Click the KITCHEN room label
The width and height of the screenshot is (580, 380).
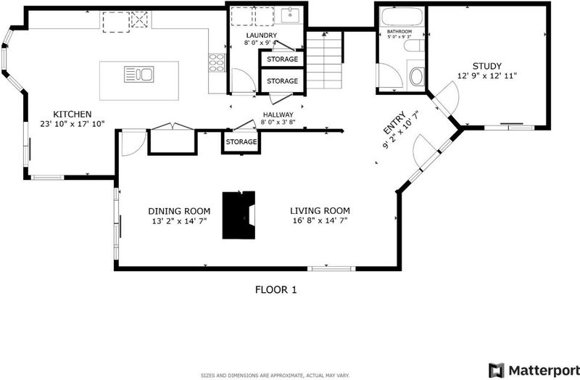tap(72, 114)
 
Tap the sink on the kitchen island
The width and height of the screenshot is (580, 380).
tap(138, 74)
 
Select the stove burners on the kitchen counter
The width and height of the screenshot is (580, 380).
tap(217, 63)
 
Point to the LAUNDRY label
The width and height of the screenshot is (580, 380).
tap(262, 35)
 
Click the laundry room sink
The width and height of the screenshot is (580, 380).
tap(291, 15)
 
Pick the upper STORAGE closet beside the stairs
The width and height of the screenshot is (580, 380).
tap(282, 59)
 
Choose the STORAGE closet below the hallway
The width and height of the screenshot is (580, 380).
tap(241, 141)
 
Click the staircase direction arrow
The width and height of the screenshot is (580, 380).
tap(325, 34)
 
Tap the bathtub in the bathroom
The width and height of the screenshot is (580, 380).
tap(402, 16)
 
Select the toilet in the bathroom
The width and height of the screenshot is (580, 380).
tap(416, 76)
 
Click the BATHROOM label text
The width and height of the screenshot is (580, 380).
tap(399, 32)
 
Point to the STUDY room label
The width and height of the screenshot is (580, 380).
tap(486, 66)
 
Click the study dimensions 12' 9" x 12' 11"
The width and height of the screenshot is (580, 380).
tap(486, 76)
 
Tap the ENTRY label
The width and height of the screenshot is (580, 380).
tap(394, 123)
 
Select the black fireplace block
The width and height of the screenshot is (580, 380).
tap(239, 215)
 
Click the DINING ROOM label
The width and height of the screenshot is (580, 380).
tap(179, 211)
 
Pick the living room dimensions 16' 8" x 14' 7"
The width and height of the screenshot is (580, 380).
tap(320, 221)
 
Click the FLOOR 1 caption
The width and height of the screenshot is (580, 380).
tap(276, 290)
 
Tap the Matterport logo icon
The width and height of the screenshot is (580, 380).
tap(496, 370)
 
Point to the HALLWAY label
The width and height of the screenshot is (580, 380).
tap(278, 115)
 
